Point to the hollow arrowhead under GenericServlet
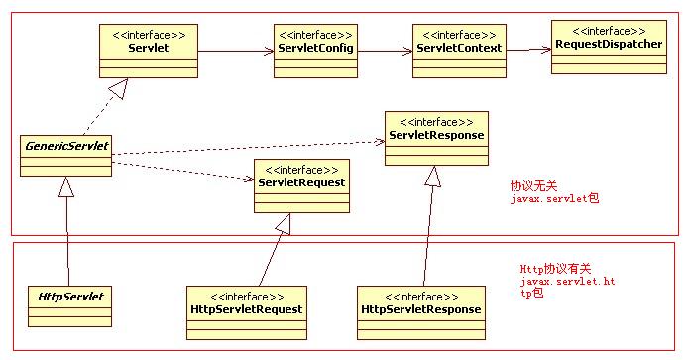coord(66,185)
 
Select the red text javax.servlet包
coord(554,198)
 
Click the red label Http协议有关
coord(555,269)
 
